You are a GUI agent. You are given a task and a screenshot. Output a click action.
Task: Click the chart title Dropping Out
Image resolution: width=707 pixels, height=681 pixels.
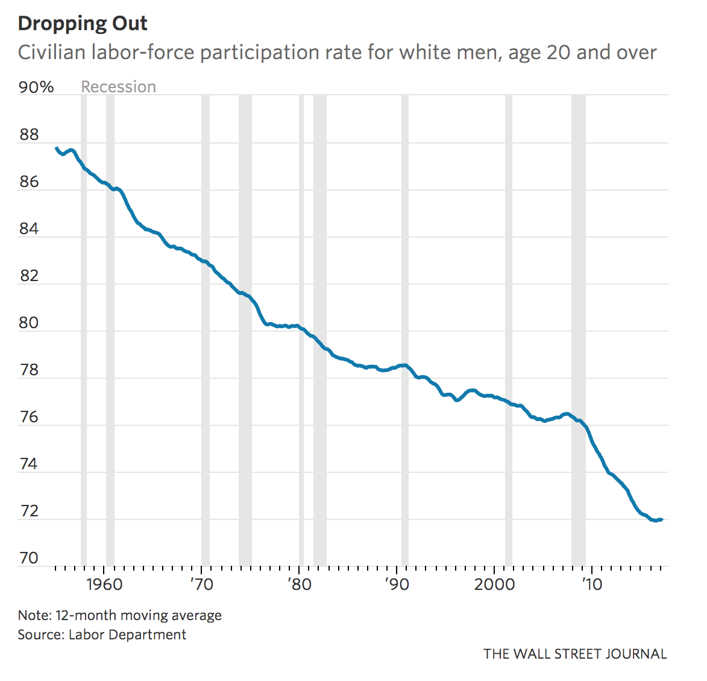(x=83, y=24)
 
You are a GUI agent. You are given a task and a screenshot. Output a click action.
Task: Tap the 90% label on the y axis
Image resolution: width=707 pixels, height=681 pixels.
(x=36, y=87)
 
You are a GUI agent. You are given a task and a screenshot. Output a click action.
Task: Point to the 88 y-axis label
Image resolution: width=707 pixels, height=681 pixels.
(x=29, y=135)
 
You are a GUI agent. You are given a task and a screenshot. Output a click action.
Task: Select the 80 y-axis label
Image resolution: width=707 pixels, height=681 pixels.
(x=29, y=323)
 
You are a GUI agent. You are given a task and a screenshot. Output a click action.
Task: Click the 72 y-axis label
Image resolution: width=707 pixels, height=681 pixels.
(x=29, y=511)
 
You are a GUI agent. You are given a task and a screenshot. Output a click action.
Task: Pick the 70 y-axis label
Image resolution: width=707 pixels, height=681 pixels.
(x=29, y=558)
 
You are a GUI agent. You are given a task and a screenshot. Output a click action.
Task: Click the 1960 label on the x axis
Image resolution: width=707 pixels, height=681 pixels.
(x=104, y=584)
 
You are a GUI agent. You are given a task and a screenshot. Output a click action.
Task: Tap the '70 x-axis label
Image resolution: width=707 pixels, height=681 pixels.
(x=201, y=584)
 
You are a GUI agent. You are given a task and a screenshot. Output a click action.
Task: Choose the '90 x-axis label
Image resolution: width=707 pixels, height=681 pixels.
(x=397, y=584)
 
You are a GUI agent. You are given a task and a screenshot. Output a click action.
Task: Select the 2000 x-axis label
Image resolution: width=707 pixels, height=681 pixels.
(x=494, y=584)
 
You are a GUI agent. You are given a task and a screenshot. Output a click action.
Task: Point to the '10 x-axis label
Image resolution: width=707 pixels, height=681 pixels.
(x=592, y=584)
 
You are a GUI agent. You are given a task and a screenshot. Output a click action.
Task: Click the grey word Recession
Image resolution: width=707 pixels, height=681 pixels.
(x=119, y=87)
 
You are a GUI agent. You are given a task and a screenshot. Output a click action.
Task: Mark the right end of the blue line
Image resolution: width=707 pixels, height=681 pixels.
(x=662, y=519)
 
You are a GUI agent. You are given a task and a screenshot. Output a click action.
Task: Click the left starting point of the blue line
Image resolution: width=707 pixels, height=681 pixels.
(x=56, y=148)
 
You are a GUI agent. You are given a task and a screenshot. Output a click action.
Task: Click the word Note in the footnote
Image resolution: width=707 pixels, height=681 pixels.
(x=34, y=615)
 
